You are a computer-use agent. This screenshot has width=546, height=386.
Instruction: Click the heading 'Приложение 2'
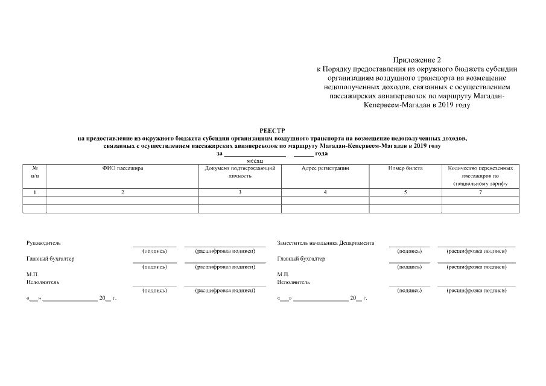pyautogui.click(x=417, y=60)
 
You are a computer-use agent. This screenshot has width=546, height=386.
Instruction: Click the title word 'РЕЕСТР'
pyautogui.click(x=272, y=130)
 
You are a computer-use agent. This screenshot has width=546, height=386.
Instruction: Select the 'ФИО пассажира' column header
pyautogui.click(x=122, y=168)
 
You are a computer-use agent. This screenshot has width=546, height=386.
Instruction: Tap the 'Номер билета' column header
pyautogui.click(x=405, y=168)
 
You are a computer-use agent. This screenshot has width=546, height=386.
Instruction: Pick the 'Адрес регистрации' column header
pyautogui.click(x=325, y=168)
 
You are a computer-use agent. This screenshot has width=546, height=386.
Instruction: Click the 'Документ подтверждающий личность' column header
pyautogui.click(x=240, y=172)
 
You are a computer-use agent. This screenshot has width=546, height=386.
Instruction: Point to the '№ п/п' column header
pyautogui.click(x=35, y=172)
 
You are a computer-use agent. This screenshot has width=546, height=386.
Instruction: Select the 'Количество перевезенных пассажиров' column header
pyautogui.click(x=480, y=175)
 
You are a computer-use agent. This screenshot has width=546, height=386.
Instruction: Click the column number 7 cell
pyautogui.click(x=480, y=192)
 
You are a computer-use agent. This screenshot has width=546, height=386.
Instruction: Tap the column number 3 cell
pyautogui.click(x=240, y=192)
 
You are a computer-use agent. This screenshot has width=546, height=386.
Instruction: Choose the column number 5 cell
pyautogui.click(x=405, y=192)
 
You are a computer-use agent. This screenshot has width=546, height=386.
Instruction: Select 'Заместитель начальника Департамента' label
pyautogui.click(x=325, y=243)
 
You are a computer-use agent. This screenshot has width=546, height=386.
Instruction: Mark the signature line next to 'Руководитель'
pyautogui.click(x=154, y=245)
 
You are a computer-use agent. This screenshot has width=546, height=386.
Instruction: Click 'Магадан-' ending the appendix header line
pyautogui.click(x=488, y=96)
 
